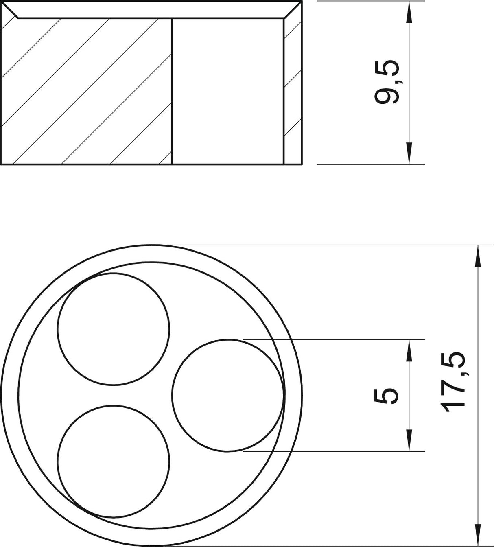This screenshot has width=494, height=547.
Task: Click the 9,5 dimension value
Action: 387,82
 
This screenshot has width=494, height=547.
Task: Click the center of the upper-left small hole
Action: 114,329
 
